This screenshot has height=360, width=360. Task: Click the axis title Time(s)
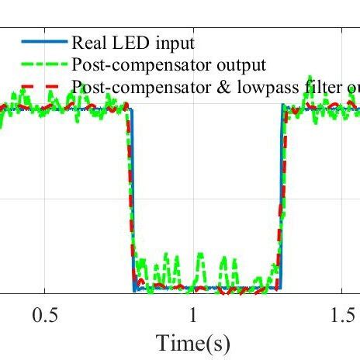[x=193, y=341]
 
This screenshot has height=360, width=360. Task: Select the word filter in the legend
[x=311, y=85]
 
